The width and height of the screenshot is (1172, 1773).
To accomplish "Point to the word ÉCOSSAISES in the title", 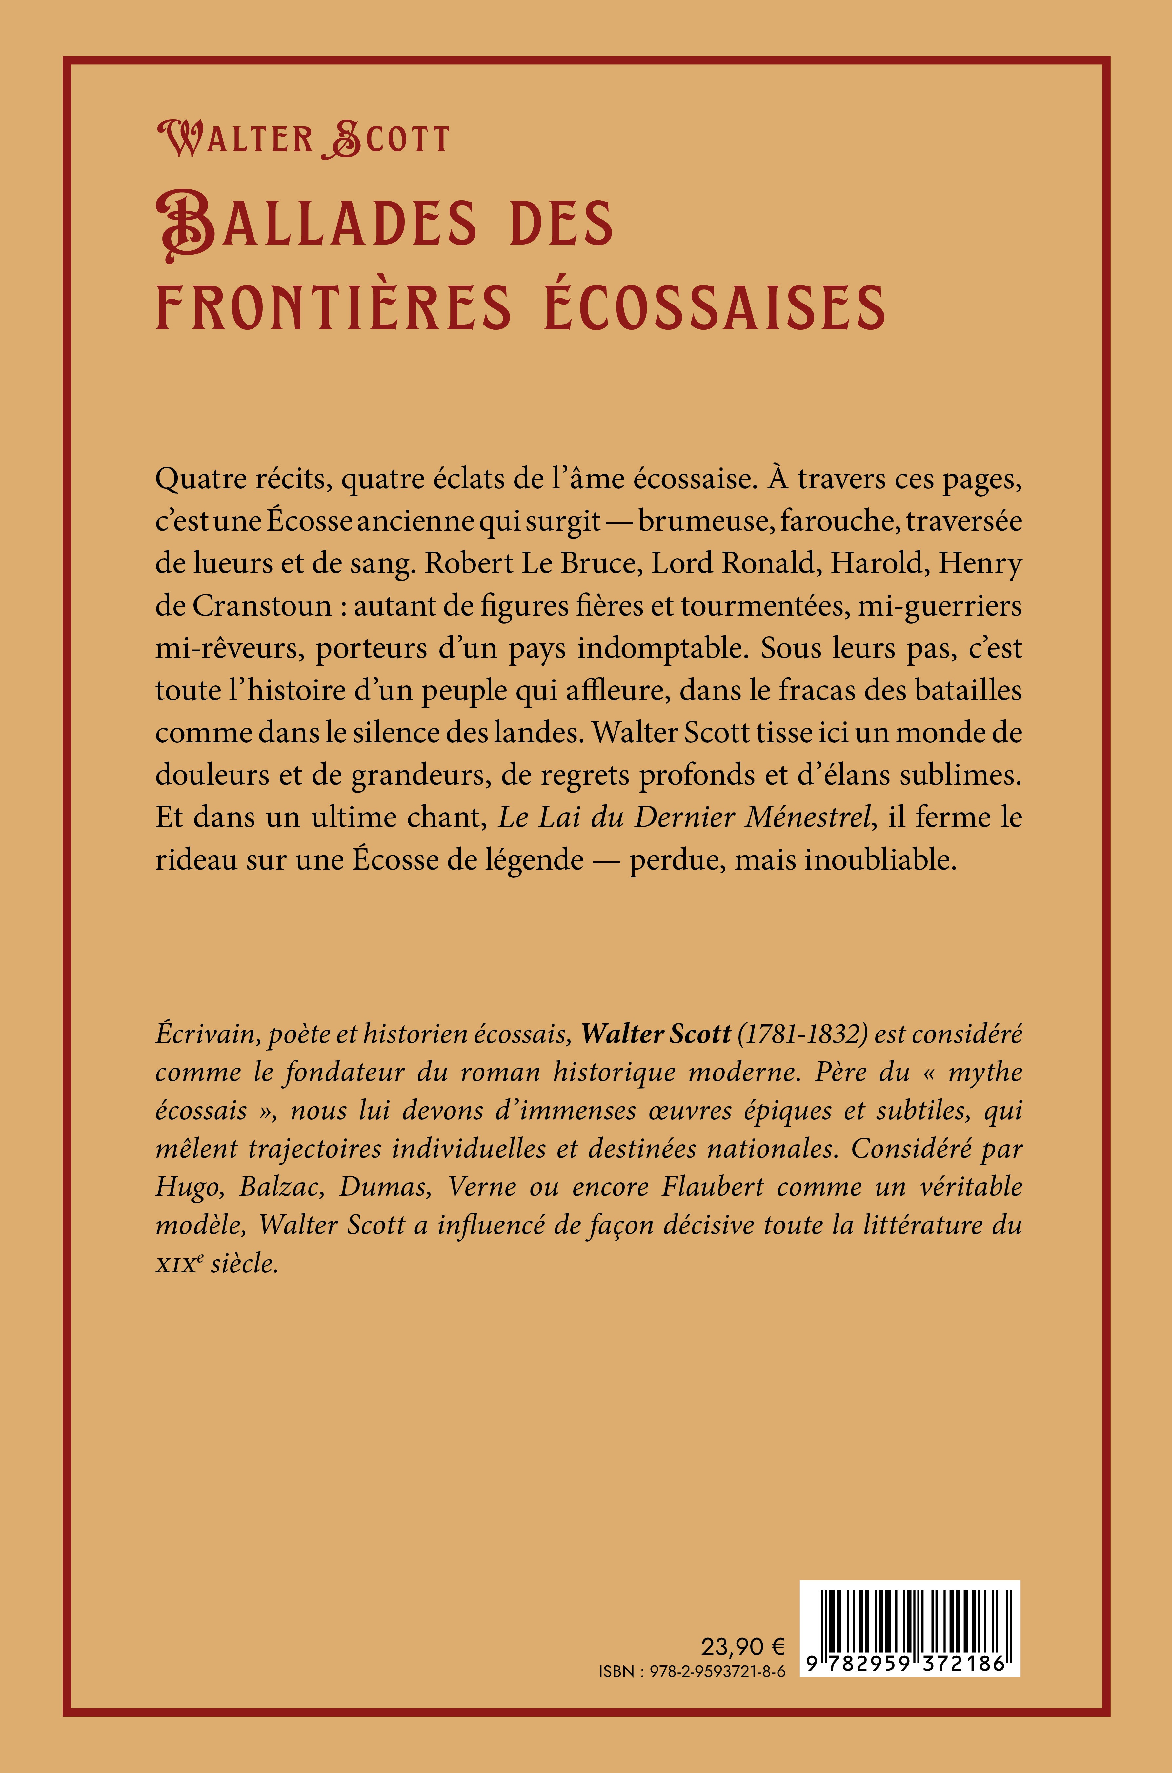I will pos(714,307).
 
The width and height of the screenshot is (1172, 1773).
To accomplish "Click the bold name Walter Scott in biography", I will pos(656,1033).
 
